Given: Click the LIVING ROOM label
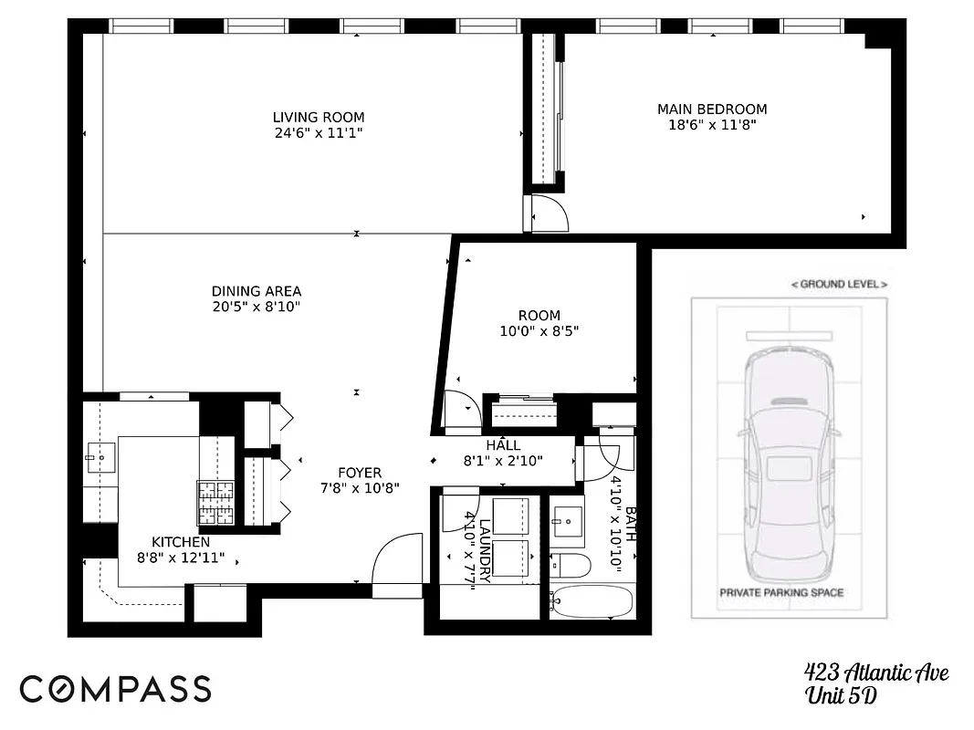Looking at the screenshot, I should point(319,117).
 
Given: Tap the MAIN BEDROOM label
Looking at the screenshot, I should point(712,109).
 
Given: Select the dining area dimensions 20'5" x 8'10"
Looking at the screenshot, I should point(257,307).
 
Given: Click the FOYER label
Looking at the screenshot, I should point(360,473).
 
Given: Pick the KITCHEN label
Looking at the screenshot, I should point(181,541).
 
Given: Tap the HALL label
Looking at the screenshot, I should point(503,445).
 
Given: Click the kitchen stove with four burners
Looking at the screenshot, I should point(215,503).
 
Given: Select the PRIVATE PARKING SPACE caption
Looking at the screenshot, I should point(781,592).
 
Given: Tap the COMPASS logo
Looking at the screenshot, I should point(115,689).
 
